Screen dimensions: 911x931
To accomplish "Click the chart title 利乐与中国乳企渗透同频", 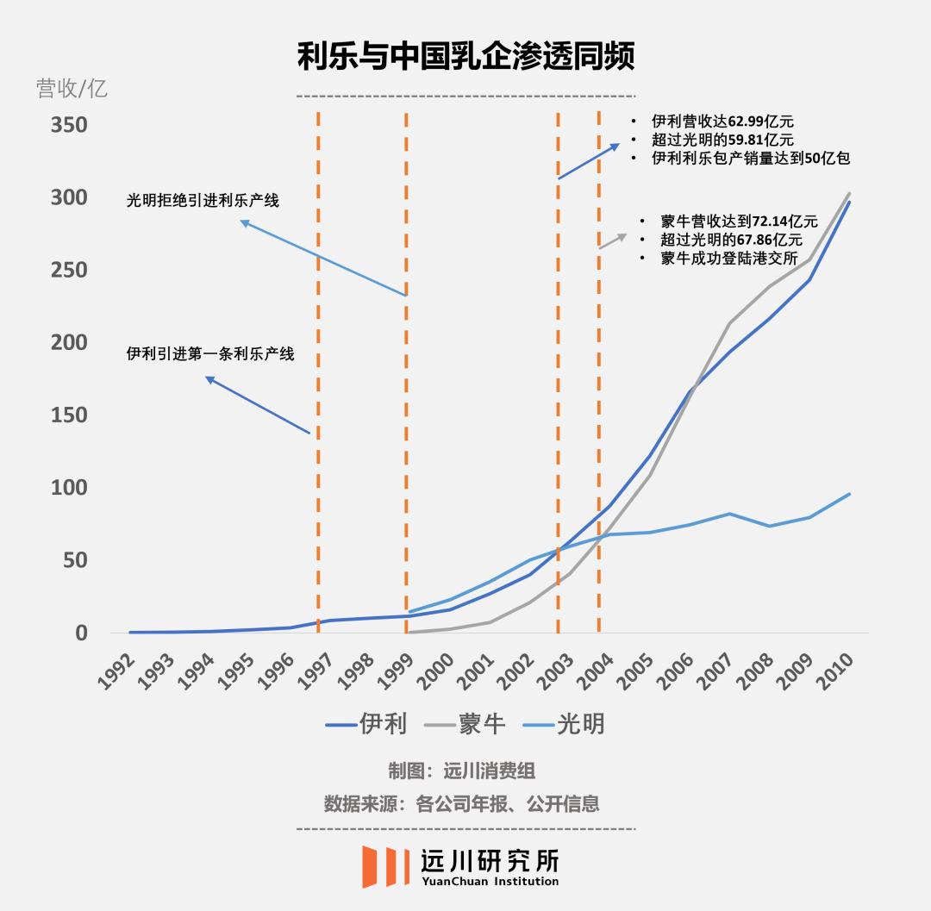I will [x=465, y=58].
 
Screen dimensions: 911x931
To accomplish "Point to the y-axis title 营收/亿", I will [x=72, y=88].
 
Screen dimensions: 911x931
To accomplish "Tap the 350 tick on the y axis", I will [x=70, y=126].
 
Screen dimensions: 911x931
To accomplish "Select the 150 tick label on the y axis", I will [x=70, y=415].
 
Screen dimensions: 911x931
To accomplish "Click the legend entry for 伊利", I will [x=366, y=724].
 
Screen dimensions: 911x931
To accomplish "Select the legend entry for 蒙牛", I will [x=465, y=724].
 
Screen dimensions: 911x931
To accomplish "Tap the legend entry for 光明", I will [x=565, y=724].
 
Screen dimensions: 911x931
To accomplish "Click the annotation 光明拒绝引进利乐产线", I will [x=203, y=201].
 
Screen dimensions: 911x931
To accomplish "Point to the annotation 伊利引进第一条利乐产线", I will [x=210, y=354].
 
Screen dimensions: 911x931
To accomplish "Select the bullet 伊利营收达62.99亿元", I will [x=722, y=122].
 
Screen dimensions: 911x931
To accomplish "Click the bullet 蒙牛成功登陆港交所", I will [x=729, y=259].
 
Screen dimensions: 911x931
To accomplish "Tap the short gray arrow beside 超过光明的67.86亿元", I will [x=613, y=240].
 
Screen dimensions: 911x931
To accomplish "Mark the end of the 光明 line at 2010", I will [x=849, y=494].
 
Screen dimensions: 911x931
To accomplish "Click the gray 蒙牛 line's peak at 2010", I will [x=849, y=193].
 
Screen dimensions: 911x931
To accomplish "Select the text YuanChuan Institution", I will [x=490, y=881].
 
